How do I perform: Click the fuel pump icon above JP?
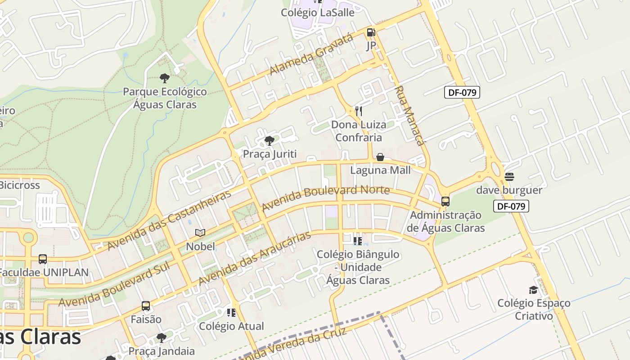(x=371, y=32)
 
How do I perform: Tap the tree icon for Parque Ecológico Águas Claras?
(x=165, y=78)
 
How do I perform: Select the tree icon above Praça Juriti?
(x=270, y=141)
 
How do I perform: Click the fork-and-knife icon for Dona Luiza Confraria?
(x=359, y=111)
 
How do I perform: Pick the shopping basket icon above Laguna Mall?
(x=380, y=157)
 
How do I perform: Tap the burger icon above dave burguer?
(x=509, y=177)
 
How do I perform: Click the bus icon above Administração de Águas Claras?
(x=445, y=202)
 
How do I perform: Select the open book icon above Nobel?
(x=200, y=233)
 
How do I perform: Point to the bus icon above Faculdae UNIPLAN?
(x=43, y=259)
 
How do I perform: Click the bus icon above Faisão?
(x=146, y=306)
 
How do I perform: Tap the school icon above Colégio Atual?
(x=231, y=313)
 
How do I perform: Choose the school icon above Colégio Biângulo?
(x=358, y=241)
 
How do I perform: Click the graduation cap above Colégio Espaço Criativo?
(x=533, y=290)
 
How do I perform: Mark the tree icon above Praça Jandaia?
(x=162, y=338)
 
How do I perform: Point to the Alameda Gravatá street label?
(x=311, y=55)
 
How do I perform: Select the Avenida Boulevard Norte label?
(x=325, y=198)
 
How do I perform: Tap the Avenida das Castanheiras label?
(x=169, y=220)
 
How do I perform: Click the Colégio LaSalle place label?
(x=318, y=13)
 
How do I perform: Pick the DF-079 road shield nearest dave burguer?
(x=511, y=207)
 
